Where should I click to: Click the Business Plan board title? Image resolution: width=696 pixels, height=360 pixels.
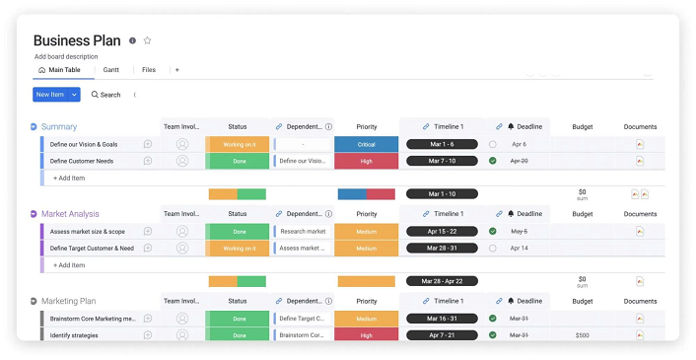click(77, 40)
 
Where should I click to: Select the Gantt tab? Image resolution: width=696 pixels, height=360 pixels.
click(111, 70)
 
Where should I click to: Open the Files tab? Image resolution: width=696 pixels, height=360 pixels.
click(149, 70)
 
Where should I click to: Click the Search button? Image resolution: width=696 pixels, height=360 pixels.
click(105, 95)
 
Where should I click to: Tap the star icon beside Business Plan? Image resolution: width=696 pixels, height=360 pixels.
click(148, 40)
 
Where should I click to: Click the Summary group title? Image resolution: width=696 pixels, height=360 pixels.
click(59, 126)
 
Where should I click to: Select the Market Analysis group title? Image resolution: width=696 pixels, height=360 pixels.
click(70, 213)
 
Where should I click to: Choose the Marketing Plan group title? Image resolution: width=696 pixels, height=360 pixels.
click(68, 301)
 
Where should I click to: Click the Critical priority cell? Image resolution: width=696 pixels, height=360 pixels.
click(367, 144)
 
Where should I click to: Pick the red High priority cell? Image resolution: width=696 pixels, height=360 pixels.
click(367, 161)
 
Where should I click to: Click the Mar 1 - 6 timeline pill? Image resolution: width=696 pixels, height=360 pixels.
click(442, 144)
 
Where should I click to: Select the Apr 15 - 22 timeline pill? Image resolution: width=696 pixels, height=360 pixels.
click(442, 231)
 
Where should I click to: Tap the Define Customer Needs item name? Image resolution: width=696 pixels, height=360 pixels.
click(82, 161)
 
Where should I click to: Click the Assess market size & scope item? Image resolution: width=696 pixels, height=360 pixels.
click(88, 231)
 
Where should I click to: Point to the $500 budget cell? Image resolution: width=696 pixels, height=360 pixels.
click(582, 335)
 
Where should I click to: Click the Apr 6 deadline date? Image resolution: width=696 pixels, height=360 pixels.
click(519, 144)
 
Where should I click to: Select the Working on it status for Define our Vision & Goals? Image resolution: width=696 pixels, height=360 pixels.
click(238, 144)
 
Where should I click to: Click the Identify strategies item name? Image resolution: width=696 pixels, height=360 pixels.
click(75, 335)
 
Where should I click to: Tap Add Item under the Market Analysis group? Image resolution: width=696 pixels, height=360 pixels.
click(69, 265)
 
